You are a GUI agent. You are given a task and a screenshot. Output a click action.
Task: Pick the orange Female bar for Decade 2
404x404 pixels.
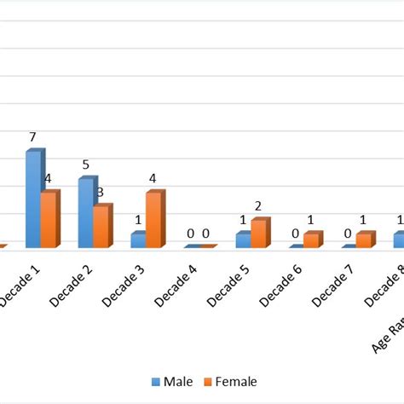click(x=101, y=227)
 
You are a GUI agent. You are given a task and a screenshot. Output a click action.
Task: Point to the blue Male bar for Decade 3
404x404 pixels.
click(x=138, y=240)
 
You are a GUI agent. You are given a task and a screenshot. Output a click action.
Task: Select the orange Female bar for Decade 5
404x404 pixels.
click(x=258, y=234)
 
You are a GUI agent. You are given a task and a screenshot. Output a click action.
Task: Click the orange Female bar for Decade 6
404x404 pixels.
click(x=311, y=240)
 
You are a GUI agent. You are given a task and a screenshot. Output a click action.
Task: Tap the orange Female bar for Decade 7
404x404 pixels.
click(x=364, y=240)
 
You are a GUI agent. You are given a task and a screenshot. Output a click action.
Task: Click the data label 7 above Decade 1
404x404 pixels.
click(x=32, y=136)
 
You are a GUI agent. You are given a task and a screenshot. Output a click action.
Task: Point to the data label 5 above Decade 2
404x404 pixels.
click(x=85, y=164)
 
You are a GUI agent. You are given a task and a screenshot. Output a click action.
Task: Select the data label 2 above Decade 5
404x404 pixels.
click(x=259, y=205)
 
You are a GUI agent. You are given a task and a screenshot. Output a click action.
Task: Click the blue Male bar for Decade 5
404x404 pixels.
click(x=243, y=240)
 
